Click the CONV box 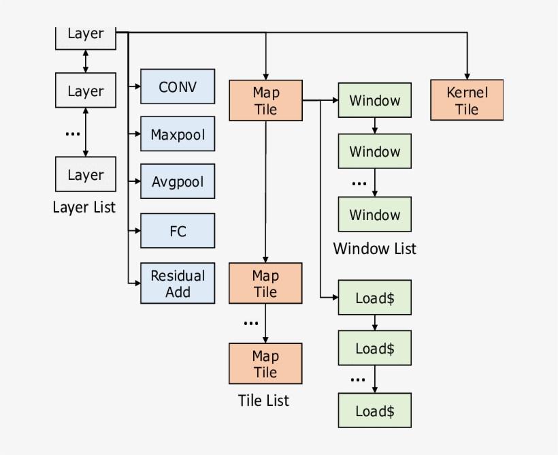tap(178, 87)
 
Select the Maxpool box tap(178, 134)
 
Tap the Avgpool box tap(178, 181)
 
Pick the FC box tap(178, 230)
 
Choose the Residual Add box tap(178, 283)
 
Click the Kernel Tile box tap(467, 100)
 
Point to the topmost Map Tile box tap(265, 100)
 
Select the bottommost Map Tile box tap(265, 363)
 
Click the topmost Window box tap(374, 100)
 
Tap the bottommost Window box tap(374, 215)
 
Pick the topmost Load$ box tap(374, 297)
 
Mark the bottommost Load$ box tap(374, 411)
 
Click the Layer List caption tap(84, 207)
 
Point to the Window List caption tap(374, 249)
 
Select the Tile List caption tap(263, 401)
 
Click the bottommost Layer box tap(86, 174)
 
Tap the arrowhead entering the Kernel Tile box tap(467, 76)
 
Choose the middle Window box tap(374, 151)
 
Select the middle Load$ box tap(374, 348)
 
